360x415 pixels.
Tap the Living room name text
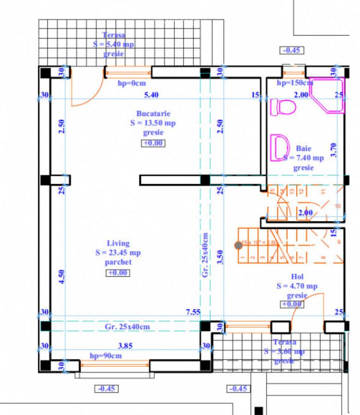tap(118, 243)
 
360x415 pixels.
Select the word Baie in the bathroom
tap(303, 148)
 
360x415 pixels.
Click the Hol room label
tap(297, 277)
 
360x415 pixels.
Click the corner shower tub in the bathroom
tap(328, 95)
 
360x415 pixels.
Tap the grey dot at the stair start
tap(238, 245)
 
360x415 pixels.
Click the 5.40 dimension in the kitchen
tap(151, 95)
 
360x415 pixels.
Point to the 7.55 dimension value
tap(193, 312)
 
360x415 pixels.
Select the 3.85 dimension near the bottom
tap(125, 345)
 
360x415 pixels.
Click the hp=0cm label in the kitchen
tap(132, 83)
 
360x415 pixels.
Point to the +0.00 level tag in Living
tap(118, 273)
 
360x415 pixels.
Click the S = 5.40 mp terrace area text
tap(113, 44)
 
